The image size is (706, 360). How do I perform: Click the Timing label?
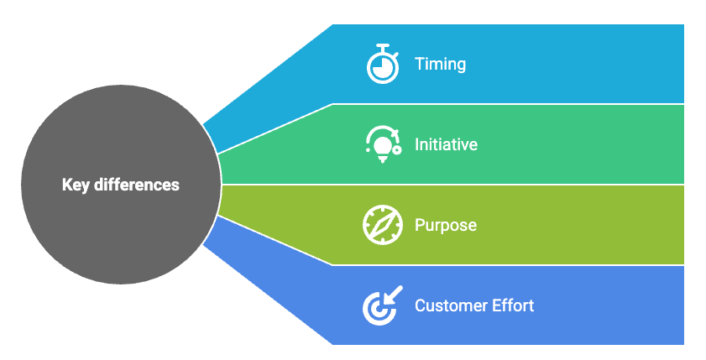[x=440, y=65]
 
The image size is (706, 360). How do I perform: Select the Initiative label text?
[x=446, y=144]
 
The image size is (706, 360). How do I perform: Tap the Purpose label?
[x=445, y=226]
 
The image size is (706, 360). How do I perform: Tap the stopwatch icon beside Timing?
[x=383, y=65]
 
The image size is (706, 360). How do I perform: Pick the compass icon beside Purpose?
[x=383, y=225]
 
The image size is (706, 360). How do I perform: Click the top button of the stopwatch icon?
[x=383, y=45]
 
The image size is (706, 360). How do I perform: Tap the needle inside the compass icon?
[x=383, y=225]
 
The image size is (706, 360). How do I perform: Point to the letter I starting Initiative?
[x=417, y=144]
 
